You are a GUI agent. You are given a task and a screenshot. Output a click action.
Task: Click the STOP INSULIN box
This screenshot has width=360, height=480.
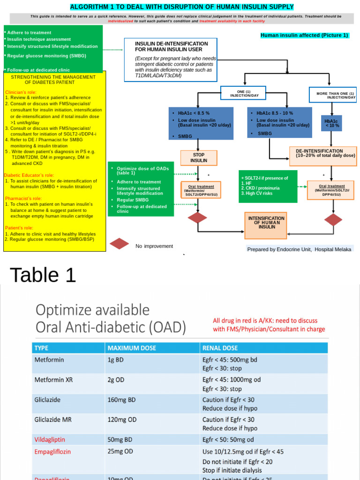[x=199, y=157]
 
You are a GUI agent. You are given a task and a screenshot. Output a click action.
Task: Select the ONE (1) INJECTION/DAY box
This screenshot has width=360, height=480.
[x=243, y=93]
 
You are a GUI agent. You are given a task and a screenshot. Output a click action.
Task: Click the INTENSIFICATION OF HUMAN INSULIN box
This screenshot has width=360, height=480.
[x=266, y=223]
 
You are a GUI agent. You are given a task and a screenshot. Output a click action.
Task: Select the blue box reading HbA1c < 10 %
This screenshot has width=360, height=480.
[x=332, y=123]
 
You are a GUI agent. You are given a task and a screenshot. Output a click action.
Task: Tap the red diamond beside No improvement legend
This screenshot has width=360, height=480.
[x=119, y=244]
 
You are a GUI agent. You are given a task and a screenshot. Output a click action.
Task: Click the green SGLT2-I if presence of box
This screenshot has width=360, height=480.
[x=268, y=186]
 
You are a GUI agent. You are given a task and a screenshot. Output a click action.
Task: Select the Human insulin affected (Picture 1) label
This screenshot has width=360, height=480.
[x=304, y=36]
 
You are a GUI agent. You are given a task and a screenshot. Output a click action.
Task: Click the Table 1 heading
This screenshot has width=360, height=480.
[x=43, y=275]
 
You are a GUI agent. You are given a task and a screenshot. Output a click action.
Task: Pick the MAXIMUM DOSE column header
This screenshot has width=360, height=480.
[x=132, y=348]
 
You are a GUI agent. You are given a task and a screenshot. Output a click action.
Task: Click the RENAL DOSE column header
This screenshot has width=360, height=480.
[x=220, y=348]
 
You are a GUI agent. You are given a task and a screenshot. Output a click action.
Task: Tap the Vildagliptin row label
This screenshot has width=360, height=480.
[x=50, y=440]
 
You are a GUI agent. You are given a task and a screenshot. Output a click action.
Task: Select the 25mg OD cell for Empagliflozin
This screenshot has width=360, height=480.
[x=120, y=451]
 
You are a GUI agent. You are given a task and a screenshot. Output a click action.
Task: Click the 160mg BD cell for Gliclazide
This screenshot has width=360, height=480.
[x=121, y=400]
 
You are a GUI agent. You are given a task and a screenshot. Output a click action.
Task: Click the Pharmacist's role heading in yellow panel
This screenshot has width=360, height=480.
[x=24, y=198]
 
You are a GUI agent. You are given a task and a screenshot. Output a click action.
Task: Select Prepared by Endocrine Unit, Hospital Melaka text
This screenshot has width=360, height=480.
[x=299, y=249]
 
